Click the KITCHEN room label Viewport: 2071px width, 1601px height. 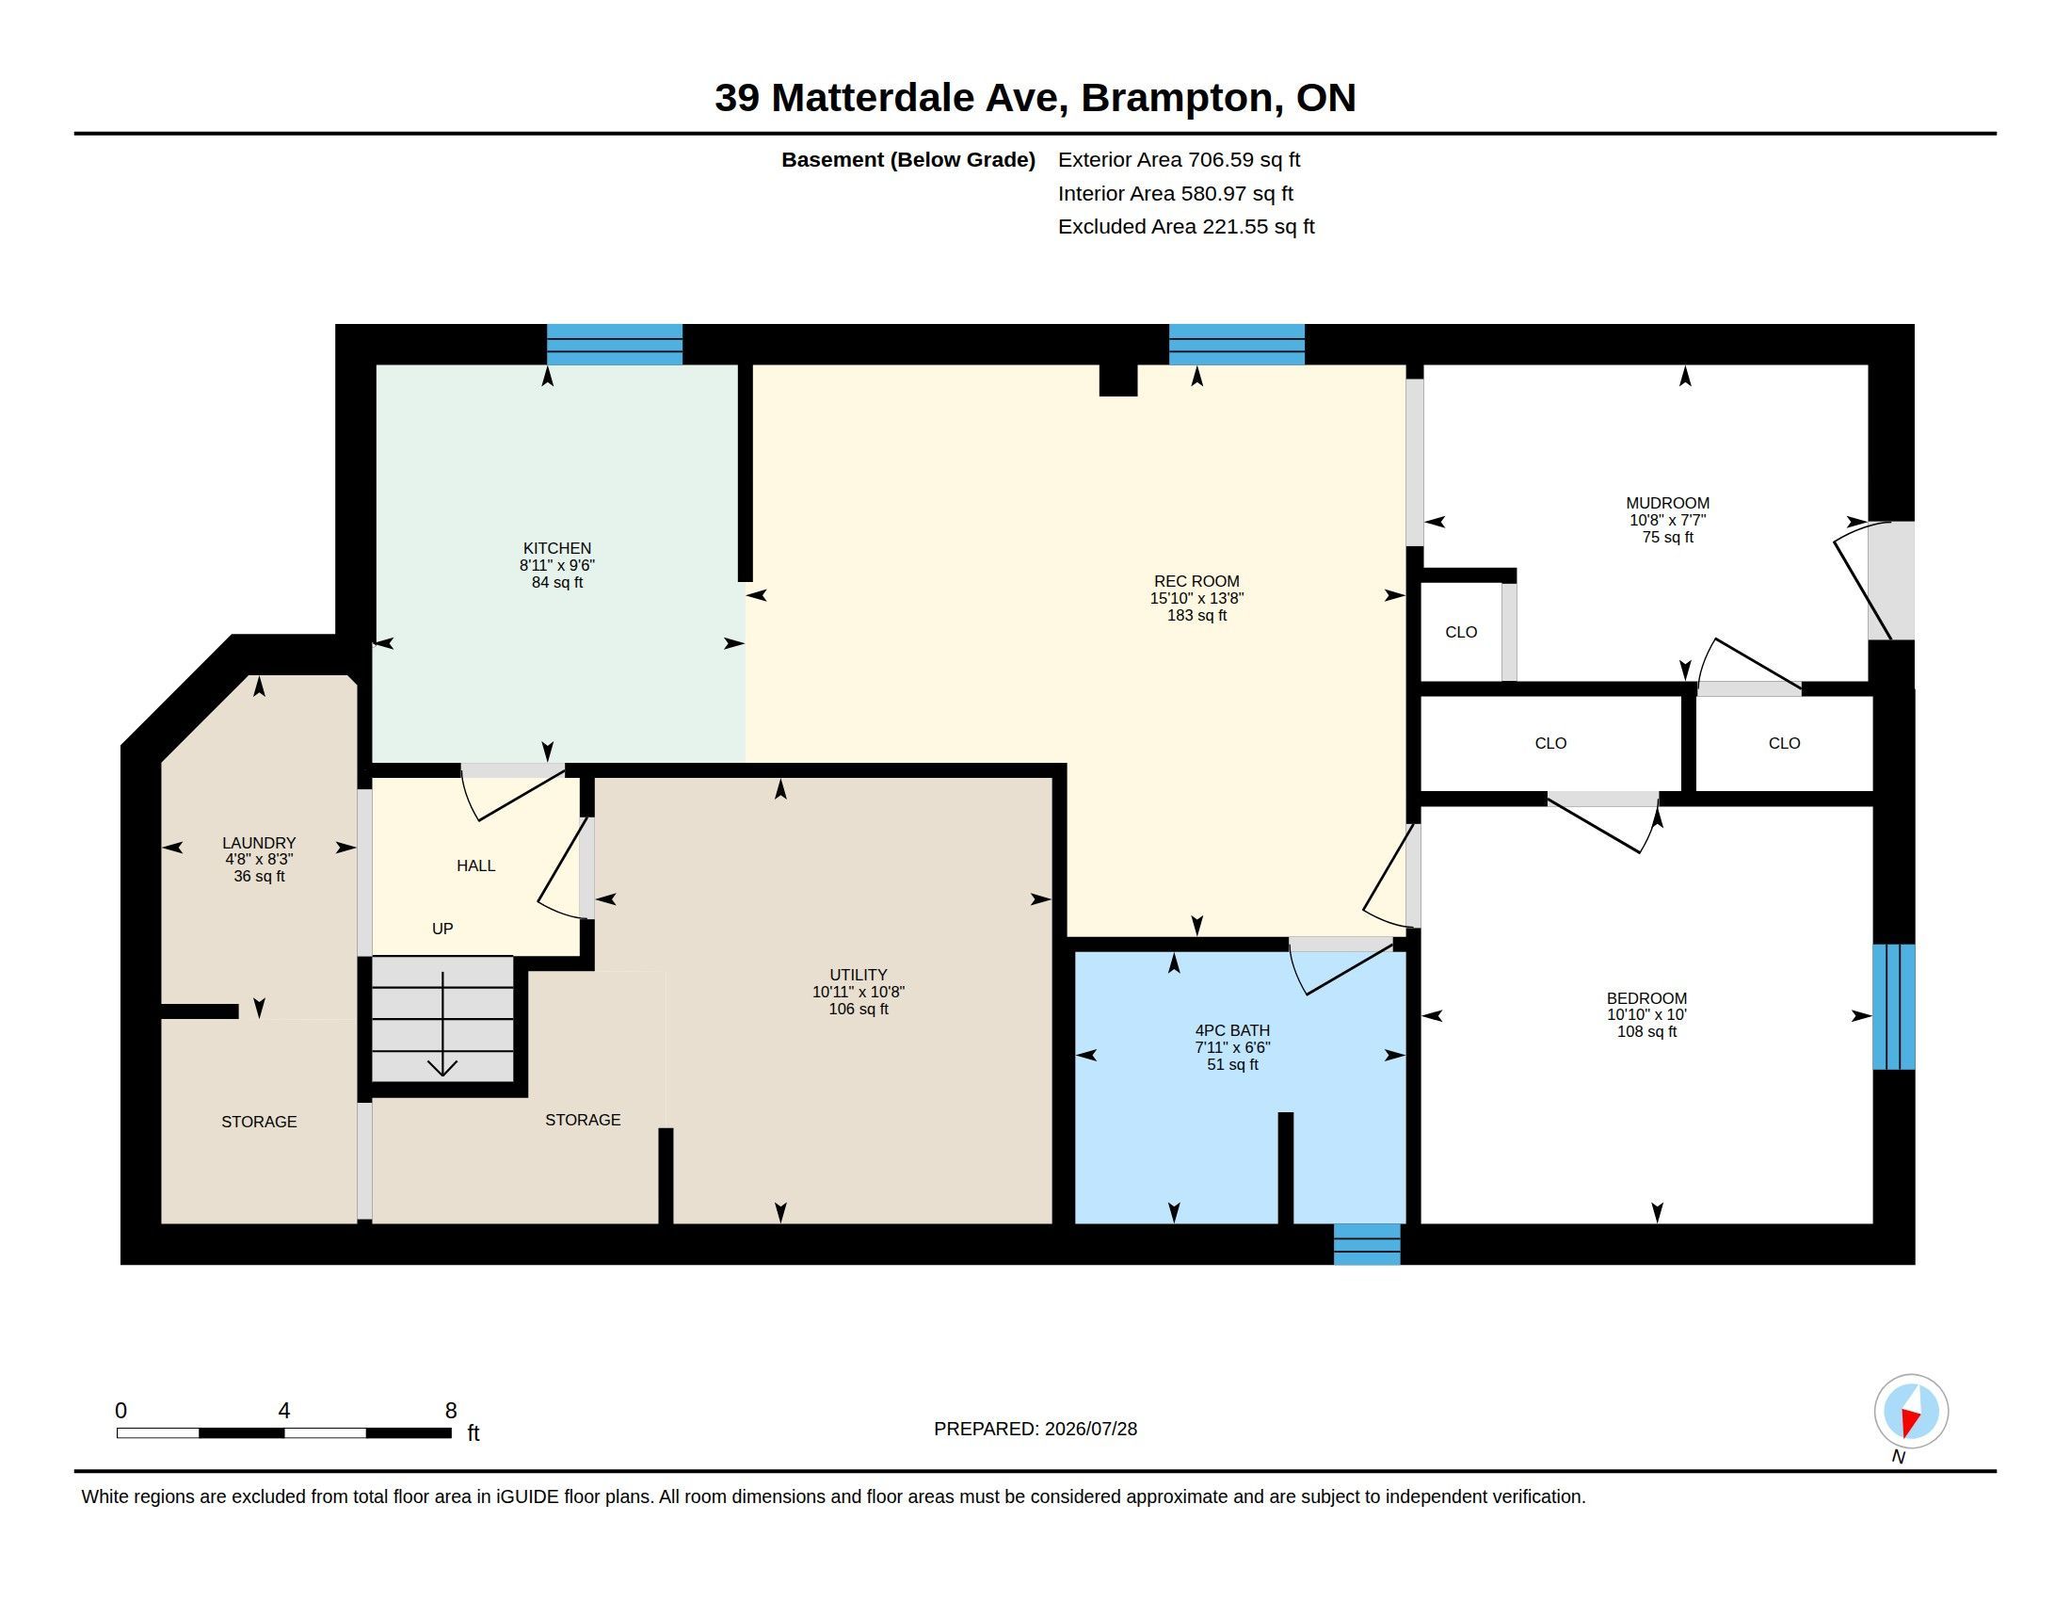556,548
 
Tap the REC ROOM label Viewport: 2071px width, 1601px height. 1196,581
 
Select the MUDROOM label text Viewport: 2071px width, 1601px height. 1667,504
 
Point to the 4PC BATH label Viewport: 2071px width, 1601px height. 1232,1030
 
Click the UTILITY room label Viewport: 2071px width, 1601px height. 859,975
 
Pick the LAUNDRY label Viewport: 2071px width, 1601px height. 259,843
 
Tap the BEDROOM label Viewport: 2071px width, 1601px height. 1646,998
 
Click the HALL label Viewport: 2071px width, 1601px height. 476,865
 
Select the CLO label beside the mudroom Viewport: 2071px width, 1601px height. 1461,633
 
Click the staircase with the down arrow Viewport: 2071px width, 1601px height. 442,1019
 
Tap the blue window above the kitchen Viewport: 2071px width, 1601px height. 615,345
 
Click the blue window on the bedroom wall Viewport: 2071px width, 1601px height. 1894,1007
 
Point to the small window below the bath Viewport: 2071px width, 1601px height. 1367,1244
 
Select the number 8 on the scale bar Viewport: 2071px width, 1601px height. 451,1411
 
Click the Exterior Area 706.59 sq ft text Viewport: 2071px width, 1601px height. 1179,160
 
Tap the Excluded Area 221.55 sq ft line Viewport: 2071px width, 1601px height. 1186,227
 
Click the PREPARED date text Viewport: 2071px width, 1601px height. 1035,1429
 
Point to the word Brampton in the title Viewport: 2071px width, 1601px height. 1177,99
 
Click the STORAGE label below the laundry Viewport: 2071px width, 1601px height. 259,1122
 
